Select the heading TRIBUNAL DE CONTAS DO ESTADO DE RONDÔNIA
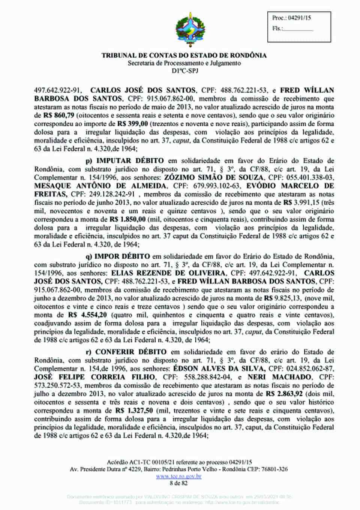pos(184,56)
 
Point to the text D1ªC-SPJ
pos(184,71)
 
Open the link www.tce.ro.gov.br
pos(179,476)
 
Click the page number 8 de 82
pos(178,483)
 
